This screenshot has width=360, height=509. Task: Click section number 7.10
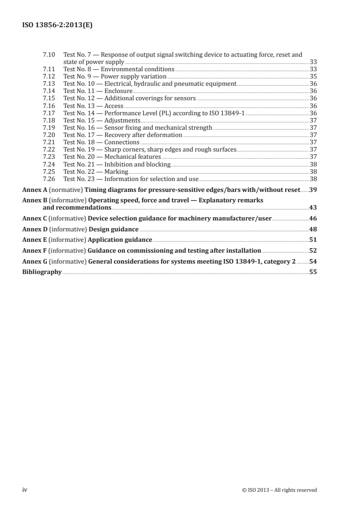click(x=48, y=55)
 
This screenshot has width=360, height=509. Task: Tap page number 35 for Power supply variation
click(x=313, y=77)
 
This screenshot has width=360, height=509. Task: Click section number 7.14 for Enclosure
click(x=48, y=91)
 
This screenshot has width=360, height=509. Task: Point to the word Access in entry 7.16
click(x=113, y=106)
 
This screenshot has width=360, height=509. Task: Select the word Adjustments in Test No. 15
click(x=122, y=120)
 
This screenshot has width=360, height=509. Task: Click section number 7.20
click(x=48, y=135)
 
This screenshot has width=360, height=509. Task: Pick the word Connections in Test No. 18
click(x=122, y=142)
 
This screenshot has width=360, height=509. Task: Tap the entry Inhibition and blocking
click(x=137, y=164)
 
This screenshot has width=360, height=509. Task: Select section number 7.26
click(x=48, y=179)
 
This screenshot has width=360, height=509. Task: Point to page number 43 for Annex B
click(x=313, y=207)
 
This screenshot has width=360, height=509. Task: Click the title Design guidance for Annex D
click(x=113, y=229)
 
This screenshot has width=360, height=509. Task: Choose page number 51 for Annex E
click(x=313, y=240)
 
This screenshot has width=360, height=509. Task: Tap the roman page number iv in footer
click(x=25, y=489)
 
